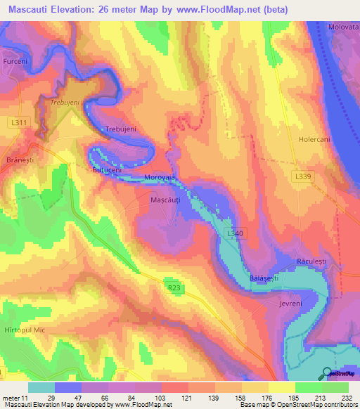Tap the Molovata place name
343,27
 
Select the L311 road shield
19,123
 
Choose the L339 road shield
302,177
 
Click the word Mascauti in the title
30,9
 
